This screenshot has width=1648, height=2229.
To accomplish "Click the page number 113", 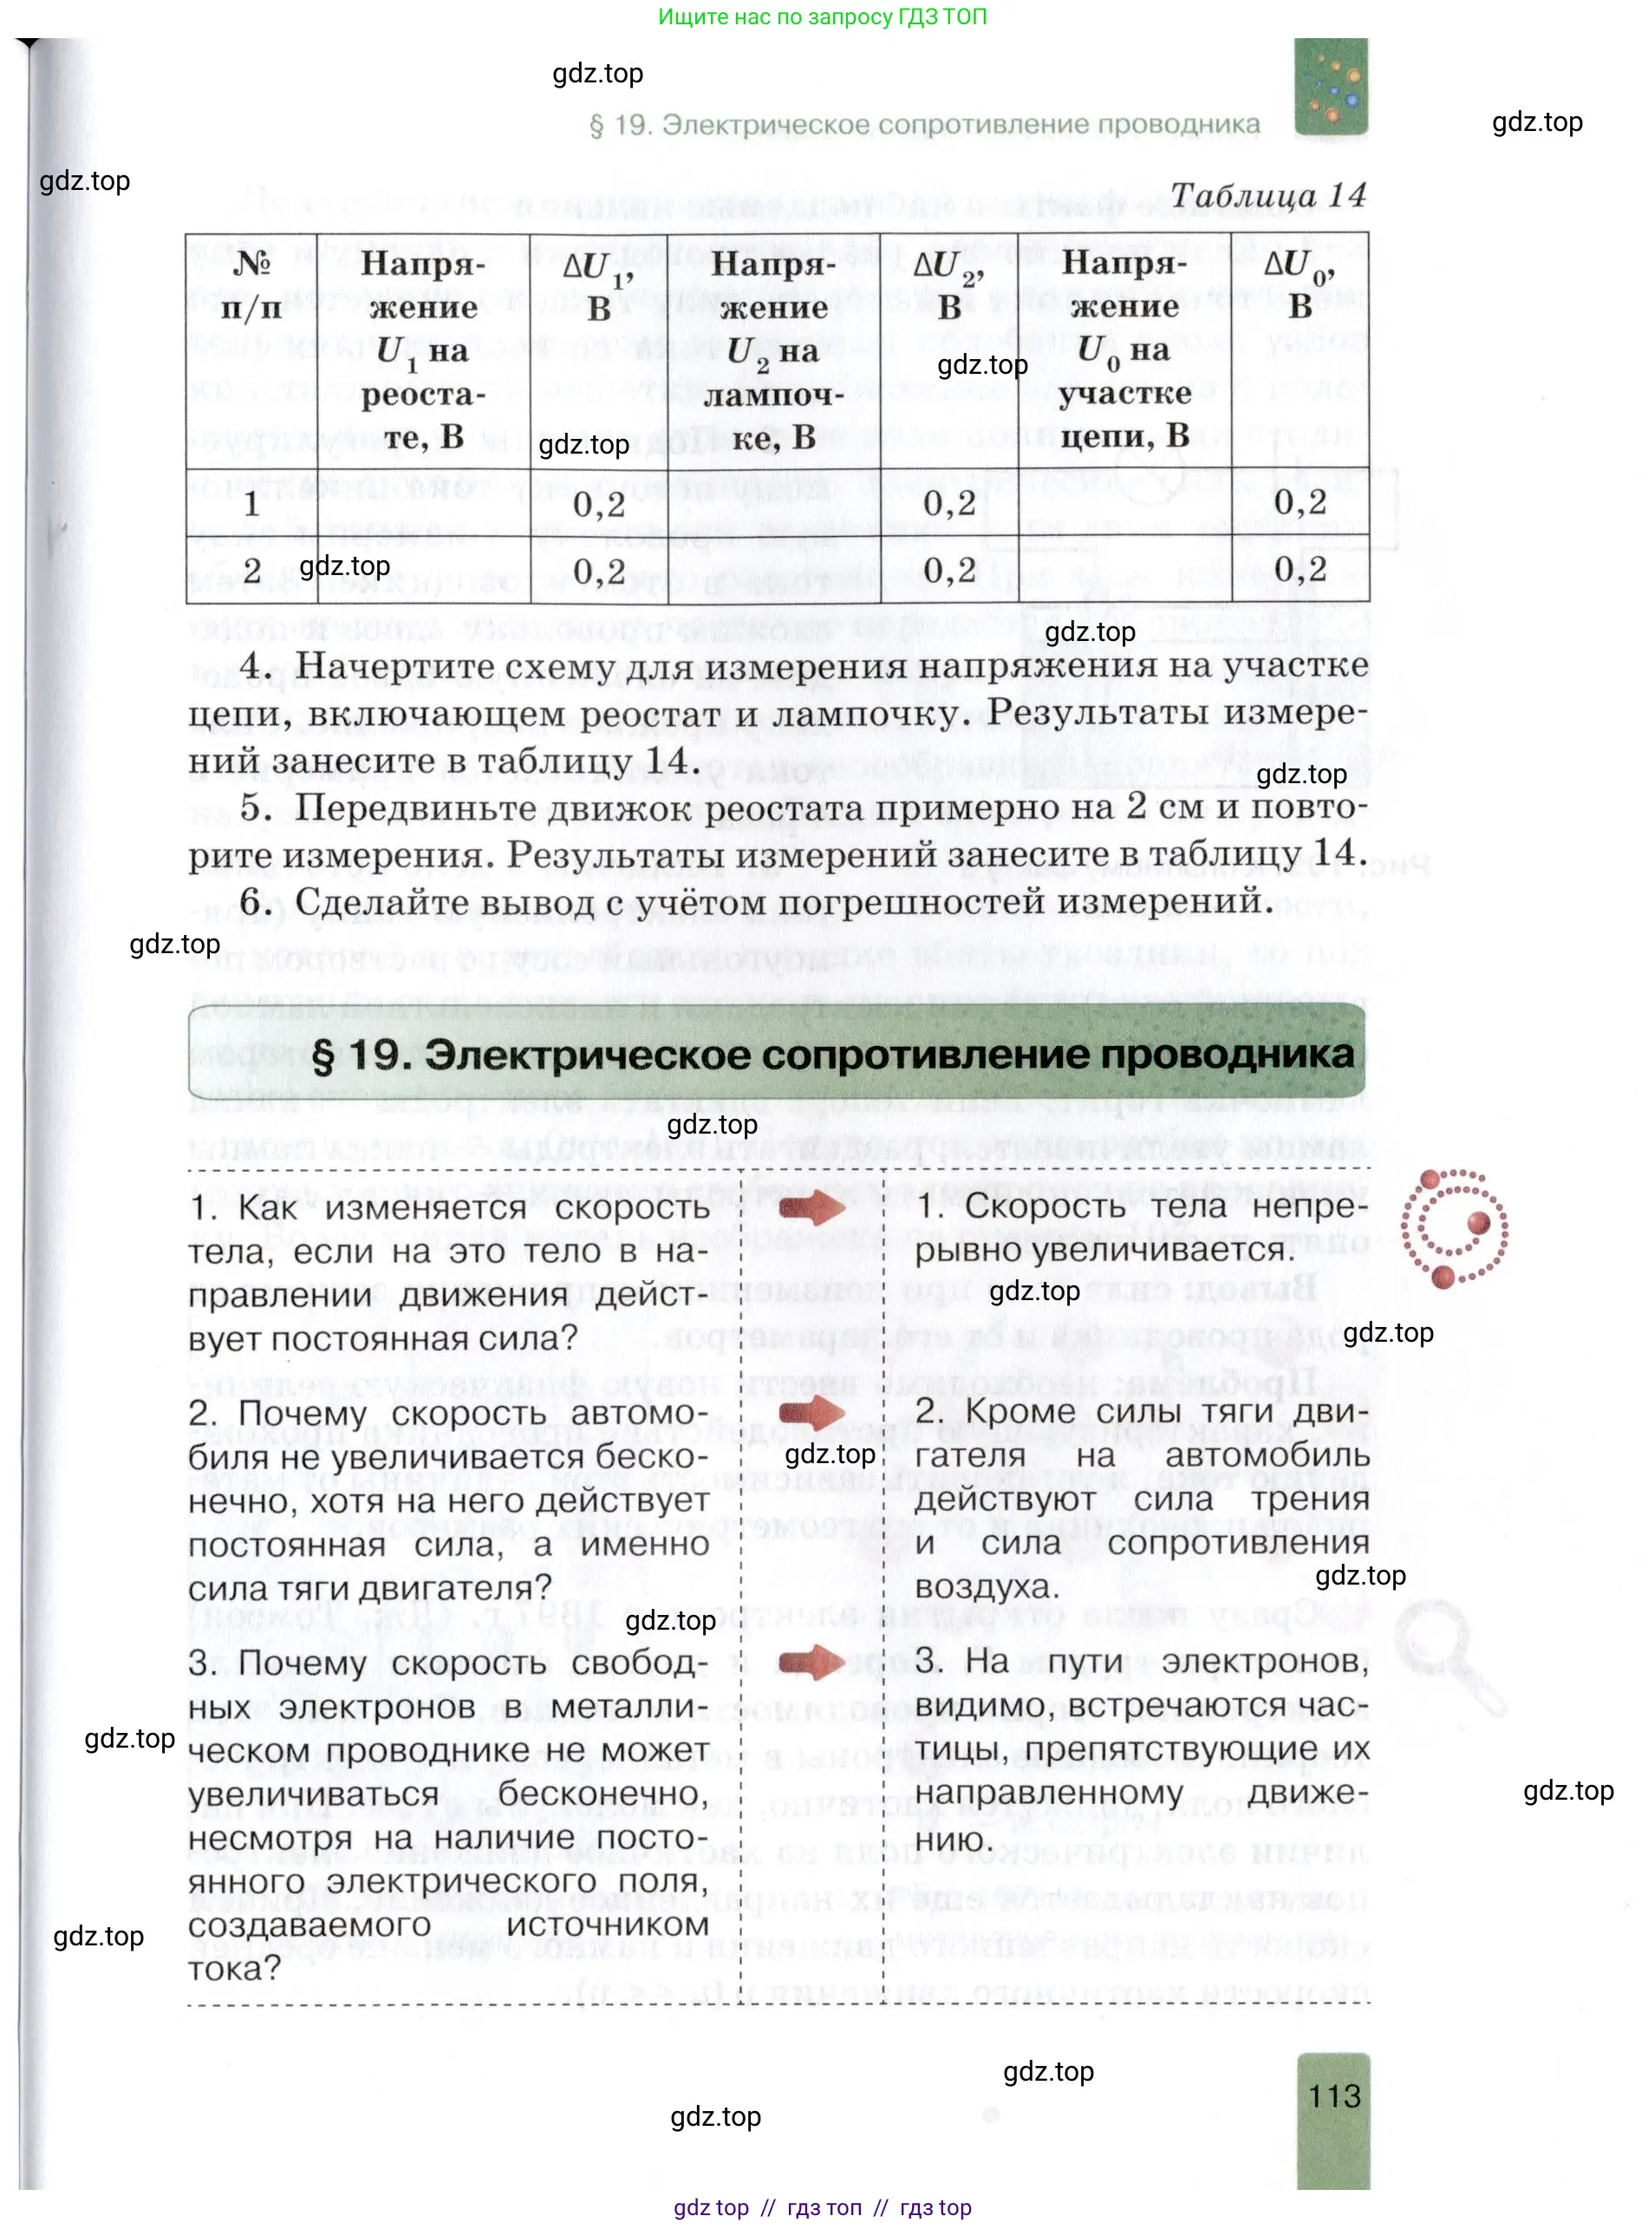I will click(x=1334, y=2095).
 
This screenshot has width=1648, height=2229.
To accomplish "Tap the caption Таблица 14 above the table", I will click(x=1267, y=195).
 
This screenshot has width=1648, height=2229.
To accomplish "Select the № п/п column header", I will click(x=251, y=285).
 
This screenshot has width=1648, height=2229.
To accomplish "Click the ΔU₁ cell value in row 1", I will click(x=598, y=504).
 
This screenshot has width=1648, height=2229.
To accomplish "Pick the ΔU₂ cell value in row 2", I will click(x=948, y=571).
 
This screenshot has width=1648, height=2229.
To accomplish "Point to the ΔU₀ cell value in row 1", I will click(x=1300, y=502).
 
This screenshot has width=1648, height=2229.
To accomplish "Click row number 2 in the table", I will click(x=251, y=571).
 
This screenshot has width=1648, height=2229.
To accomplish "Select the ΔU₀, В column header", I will click(x=1300, y=285).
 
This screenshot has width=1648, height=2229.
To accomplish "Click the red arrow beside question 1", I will click(x=811, y=1208).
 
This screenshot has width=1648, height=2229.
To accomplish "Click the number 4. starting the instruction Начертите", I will click(x=256, y=665).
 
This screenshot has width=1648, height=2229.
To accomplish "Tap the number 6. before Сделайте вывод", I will click(x=256, y=902).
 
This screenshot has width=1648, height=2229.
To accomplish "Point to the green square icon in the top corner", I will click(x=1331, y=87).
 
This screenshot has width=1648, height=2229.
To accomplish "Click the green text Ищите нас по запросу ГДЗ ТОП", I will click(x=822, y=17).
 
